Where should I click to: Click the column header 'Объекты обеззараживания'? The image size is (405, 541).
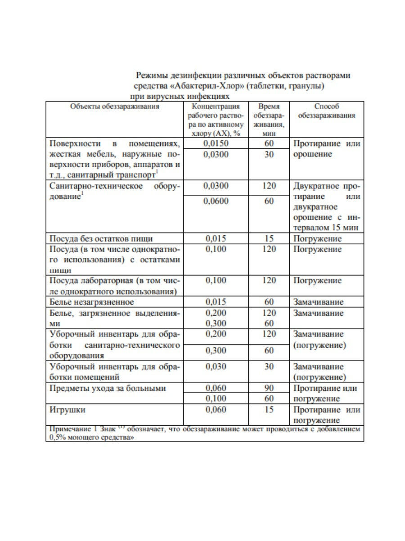(x=114, y=106)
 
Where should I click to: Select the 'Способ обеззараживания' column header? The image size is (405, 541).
(x=326, y=111)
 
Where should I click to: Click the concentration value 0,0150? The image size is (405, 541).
(x=216, y=144)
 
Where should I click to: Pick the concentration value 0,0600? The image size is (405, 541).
(x=216, y=201)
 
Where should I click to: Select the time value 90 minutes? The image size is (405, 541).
(x=269, y=388)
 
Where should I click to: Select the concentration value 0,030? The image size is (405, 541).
(x=216, y=367)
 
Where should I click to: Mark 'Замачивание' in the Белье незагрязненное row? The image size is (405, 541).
(x=318, y=302)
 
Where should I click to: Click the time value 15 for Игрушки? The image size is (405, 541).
(x=269, y=410)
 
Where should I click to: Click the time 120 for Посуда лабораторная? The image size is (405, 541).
(x=269, y=280)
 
